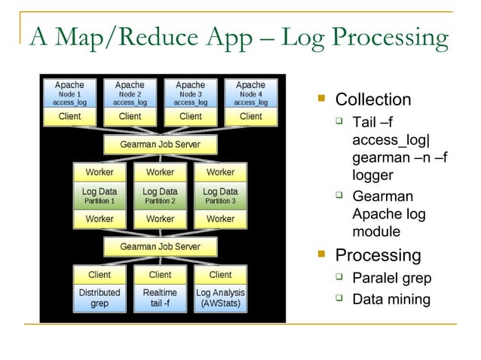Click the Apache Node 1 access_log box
tap(69, 94)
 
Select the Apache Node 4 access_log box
tap(250, 94)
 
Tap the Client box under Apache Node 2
tap(130, 117)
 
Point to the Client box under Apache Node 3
tap(190, 117)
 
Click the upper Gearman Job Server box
tap(160, 143)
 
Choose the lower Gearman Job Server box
tap(160, 246)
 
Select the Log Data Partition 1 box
tap(100, 196)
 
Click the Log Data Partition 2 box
tap(160, 196)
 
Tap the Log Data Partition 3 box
tap(220, 196)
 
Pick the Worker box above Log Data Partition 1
tap(100, 172)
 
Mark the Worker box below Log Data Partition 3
tap(220, 219)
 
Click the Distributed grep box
tap(100, 297)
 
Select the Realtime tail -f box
tap(160, 297)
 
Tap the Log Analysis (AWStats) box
tap(220, 297)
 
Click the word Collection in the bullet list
tap(372, 100)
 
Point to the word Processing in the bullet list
tap(378, 255)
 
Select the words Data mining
tap(391, 300)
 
